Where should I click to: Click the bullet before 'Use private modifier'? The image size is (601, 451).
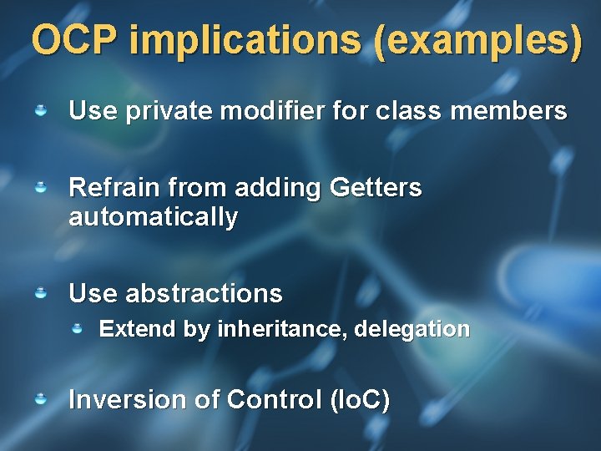pyautogui.click(x=39, y=109)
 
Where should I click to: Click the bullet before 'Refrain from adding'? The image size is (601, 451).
pyautogui.click(x=39, y=188)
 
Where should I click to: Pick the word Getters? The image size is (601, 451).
pyautogui.click(x=376, y=188)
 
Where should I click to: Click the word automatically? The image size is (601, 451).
pyautogui.click(x=153, y=218)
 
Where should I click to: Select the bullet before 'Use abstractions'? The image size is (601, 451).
pyautogui.click(x=39, y=293)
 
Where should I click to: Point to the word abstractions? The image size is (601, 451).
pyautogui.click(x=204, y=294)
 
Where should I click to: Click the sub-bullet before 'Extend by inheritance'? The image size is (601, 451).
pyautogui.click(x=77, y=329)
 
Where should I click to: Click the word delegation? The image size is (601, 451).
pyautogui.click(x=412, y=329)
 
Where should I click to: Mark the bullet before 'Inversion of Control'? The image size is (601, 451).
pyautogui.click(x=39, y=399)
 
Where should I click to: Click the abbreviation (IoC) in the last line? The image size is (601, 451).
pyautogui.click(x=360, y=400)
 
